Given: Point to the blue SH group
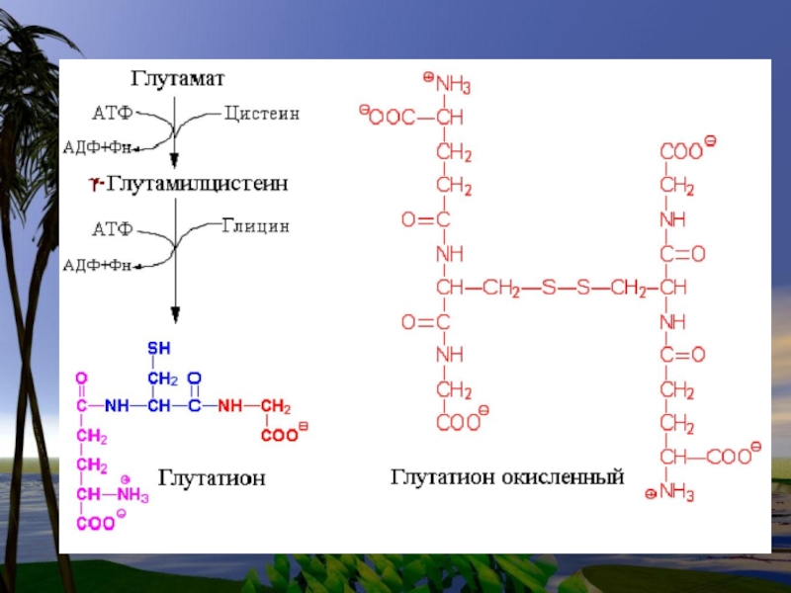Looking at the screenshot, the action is tap(159, 347).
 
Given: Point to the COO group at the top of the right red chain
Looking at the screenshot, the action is tap(681, 152).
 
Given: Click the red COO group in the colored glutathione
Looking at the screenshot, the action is tap(282, 435).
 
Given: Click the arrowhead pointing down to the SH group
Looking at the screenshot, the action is tap(175, 316).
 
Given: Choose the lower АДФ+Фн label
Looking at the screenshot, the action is tap(98, 264).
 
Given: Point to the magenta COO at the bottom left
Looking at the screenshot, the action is tap(95, 524).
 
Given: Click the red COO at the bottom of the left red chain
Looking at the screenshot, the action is tap(458, 423).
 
